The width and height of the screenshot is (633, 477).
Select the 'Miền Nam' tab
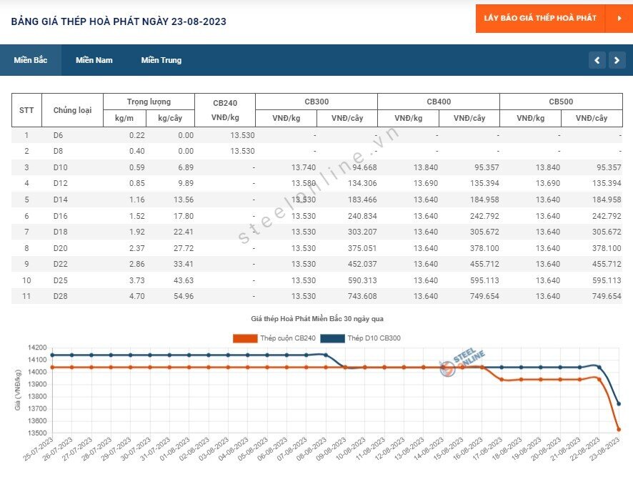[94, 60]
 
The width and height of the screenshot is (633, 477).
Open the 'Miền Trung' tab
[161, 60]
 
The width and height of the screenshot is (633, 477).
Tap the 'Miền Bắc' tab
[31, 60]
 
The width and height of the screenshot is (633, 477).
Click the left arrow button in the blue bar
[597, 60]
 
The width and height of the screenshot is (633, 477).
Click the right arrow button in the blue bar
[617, 60]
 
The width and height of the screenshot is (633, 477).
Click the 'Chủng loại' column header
[73, 110]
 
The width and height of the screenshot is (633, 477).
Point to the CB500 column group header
[561, 102]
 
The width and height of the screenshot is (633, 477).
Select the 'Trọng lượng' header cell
[149, 102]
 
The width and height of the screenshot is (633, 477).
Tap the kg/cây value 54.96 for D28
[184, 296]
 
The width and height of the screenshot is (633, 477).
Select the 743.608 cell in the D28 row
[362, 296]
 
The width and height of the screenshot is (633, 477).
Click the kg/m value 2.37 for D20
[137, 248]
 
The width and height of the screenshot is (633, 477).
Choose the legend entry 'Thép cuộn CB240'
[274, 338]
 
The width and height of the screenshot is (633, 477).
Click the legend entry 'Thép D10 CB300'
[361, 338]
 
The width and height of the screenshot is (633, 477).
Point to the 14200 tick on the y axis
[37, 348]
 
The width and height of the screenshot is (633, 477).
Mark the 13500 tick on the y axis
[37, 433]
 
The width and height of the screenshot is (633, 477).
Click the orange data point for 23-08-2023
[619, 429]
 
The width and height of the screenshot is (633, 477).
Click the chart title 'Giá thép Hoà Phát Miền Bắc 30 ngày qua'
[317, 319]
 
